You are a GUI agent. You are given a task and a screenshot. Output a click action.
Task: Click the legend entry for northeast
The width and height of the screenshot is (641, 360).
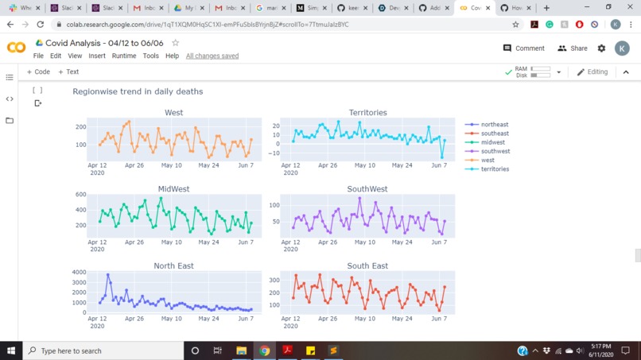coord(494,125)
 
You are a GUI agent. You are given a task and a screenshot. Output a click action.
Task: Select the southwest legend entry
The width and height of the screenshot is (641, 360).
coord(495,151)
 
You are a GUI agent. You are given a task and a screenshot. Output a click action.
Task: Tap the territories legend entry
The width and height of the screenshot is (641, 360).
coord(494,169)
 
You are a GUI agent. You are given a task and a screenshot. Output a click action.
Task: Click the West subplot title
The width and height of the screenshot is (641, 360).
coord(173,113)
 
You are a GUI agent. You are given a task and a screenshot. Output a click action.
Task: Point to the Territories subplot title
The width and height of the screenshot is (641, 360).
coord(367,113)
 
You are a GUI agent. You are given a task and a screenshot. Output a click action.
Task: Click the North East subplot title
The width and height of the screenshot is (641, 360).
coord(173,266)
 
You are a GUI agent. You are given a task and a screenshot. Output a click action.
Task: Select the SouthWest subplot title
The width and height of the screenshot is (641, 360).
coord(367,189)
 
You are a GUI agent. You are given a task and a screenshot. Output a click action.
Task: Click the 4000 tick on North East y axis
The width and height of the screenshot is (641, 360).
coord(79,273)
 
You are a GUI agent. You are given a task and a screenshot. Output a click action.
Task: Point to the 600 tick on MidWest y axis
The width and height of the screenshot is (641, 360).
coord(80,195)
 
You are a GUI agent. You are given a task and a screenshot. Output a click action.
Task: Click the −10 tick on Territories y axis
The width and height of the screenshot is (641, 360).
coord(275,153)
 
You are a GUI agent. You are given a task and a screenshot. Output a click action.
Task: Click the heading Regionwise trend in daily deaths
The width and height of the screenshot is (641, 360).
coord(138,91)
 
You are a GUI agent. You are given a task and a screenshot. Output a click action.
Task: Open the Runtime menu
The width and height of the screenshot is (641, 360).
coord(123,56)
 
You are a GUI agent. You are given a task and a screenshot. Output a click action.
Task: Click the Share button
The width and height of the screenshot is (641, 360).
coord(573,48)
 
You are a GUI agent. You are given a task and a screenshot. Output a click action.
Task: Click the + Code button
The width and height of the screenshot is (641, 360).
coord(38,72)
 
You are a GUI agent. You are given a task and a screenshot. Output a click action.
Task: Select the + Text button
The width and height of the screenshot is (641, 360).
coord(68,72)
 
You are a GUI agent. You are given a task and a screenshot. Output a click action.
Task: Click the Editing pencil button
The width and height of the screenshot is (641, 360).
coord(592,72)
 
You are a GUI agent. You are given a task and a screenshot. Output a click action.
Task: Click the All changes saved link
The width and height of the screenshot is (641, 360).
coord(212,56)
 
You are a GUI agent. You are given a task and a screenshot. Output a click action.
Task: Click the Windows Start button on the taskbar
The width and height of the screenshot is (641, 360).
coord(11,350)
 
